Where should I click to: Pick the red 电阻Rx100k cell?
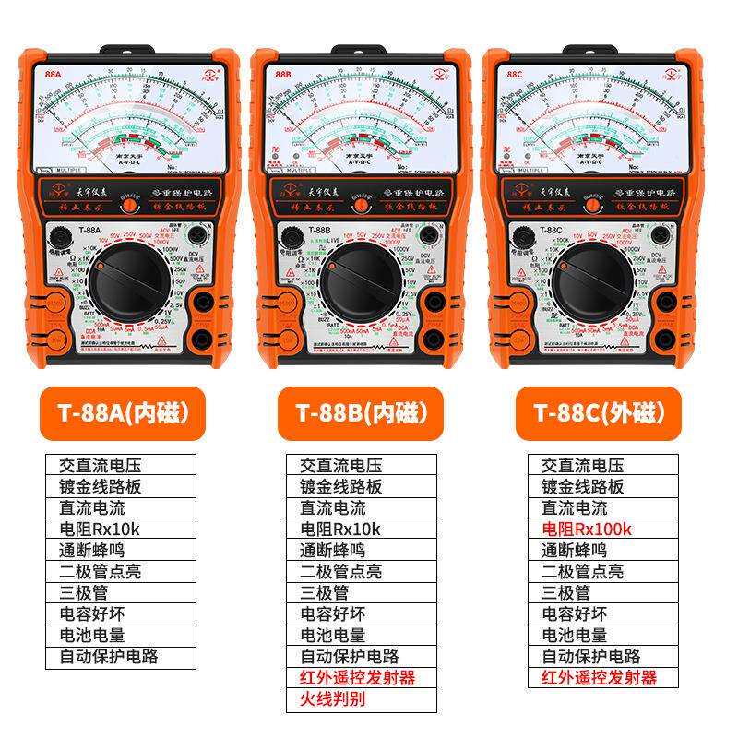point(586,530)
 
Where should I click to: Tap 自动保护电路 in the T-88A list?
point(114,657)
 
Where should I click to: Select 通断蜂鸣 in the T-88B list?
point(332,551)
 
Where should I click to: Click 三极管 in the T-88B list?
point(324,593)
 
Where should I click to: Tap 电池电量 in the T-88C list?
point(574,636)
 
